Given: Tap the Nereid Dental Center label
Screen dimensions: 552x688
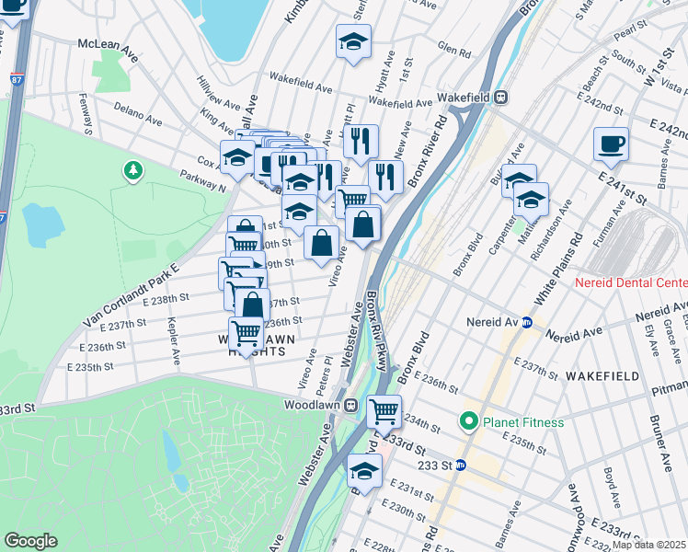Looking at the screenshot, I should point(631,282).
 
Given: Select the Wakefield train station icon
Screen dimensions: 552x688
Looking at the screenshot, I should point(500,96).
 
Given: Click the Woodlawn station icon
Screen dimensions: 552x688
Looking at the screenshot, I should point(350,405).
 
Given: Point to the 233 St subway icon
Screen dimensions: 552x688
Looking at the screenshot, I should point(462,466).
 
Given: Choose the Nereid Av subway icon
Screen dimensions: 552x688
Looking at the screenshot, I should point(527,323).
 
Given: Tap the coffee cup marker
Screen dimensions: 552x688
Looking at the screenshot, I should point(611,144).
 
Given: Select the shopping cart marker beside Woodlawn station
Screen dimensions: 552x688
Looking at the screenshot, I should point(384,410).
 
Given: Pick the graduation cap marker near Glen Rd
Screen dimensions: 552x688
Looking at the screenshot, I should point(353,42).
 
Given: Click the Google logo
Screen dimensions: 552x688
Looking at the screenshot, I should point(30,541).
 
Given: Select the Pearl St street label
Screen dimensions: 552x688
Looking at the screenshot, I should point(626,36).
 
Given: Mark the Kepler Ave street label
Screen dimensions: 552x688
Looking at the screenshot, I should point(173,340).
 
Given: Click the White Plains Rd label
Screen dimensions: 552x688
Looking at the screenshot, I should point(571,257).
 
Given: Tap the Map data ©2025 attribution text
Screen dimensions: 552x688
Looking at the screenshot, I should point(648,546).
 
